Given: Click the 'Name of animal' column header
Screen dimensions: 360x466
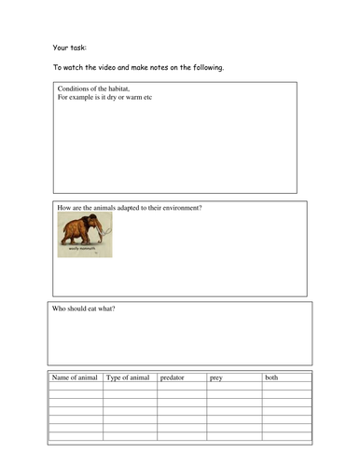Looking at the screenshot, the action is click(x=75, y=377).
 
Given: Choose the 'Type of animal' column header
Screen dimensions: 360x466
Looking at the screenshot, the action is click(x=129, y=377).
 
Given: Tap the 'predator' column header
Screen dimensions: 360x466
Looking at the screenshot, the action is click(x=173, y=377).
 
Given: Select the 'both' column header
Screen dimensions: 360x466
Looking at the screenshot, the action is click(x=271, y=377).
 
